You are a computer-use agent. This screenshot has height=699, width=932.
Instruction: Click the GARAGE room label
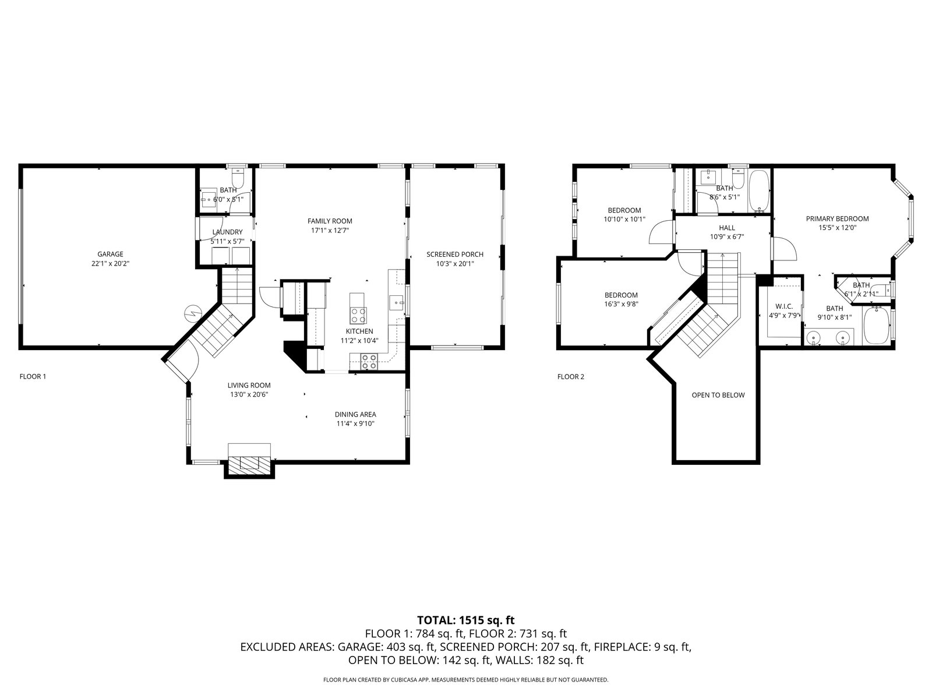[x=111, y=254]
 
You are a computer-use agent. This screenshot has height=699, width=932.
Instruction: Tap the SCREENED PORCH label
[x=455, y=255]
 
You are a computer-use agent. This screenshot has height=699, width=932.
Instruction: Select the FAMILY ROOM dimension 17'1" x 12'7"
[x=330, y=231]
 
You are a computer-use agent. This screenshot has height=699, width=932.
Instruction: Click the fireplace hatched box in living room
[x=249, y=465]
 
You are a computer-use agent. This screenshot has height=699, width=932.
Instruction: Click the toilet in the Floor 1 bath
[x=237, y=178]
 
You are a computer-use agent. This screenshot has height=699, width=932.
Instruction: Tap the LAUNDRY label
[x=228, y=232]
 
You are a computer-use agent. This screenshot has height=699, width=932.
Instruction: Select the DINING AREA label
[x=355, y=415]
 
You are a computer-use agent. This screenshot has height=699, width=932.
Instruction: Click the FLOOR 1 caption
[x=33, y=376]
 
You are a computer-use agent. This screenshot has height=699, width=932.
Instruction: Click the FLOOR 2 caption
[x=571, y=377]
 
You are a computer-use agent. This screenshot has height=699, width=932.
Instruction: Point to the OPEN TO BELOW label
[x=718, y=395]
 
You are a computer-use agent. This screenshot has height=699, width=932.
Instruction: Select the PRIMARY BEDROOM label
[x=837, y=219]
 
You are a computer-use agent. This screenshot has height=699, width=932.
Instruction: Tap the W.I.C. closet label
[x=784, y=306]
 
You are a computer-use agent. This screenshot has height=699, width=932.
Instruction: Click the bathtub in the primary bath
[x=877, y=326]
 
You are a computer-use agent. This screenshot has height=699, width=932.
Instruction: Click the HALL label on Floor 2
[x=727, y=228]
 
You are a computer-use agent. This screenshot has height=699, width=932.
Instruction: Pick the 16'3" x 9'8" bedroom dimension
[x=621, y=304]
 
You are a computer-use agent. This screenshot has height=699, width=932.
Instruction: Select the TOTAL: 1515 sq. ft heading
[x=466, y=620]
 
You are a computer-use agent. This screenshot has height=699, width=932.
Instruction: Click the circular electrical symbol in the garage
[x=192, y=313]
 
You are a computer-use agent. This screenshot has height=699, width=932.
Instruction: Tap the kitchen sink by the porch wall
[x=397, y=303]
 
